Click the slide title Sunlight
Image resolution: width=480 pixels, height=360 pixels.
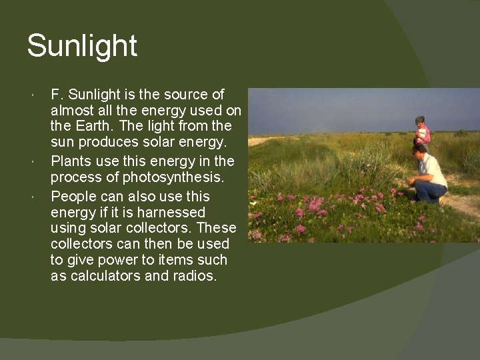(x=82, y=47)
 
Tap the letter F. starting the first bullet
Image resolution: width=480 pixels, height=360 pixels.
(x=57, y=95)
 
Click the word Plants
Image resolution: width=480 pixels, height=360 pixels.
(x=71, y=161)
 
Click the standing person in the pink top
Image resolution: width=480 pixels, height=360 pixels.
(x=421, y=133)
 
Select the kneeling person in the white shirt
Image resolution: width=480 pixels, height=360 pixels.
(x=429, y=172)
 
